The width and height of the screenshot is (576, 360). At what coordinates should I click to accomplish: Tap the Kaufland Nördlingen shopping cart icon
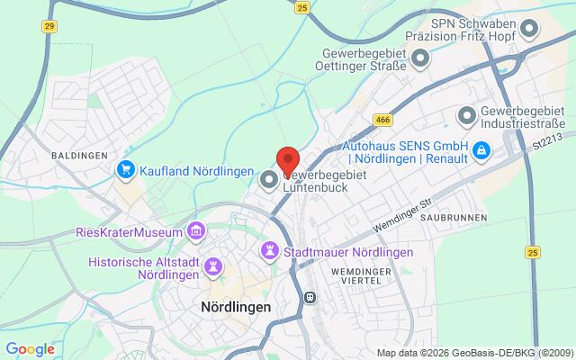(127, 168)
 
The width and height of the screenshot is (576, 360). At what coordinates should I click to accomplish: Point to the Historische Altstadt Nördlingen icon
(212, 267)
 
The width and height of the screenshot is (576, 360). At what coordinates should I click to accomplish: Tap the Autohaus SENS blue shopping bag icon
(482, 149)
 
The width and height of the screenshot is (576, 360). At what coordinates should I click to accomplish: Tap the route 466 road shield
(382, 119)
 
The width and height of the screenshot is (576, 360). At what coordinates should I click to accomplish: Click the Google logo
(30, 348)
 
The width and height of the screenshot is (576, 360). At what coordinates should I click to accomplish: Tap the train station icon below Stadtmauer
(309, 297)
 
